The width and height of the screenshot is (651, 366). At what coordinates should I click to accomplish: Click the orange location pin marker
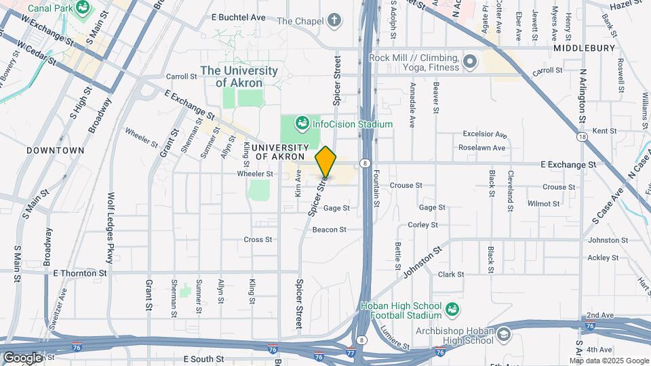[x=325, y=163]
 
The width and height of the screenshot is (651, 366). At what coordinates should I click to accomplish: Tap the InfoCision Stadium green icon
[x=302, y=124]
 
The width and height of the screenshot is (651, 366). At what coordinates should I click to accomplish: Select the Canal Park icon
[x=83, y=8]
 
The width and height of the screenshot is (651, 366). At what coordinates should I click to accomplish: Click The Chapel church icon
[x=334, y=20]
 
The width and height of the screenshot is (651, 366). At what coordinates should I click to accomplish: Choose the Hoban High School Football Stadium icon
[x=452, y=310]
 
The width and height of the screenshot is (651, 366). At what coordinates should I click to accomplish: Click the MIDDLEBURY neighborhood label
[x=583, y=48]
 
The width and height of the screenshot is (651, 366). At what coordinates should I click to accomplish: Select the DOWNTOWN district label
[x=56, y=150]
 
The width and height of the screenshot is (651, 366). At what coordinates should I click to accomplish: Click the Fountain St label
[x=376, y=184]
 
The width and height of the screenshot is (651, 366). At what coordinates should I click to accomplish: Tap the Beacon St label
[x=330, y=230]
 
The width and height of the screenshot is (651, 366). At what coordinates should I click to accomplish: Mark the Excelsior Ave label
[x=484, y=134]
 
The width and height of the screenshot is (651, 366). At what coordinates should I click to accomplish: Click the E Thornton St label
[x=80, y=273]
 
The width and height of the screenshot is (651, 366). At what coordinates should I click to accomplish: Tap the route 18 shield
[x=581, y=137]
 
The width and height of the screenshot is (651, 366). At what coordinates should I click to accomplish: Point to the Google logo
[x=22, y=357]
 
